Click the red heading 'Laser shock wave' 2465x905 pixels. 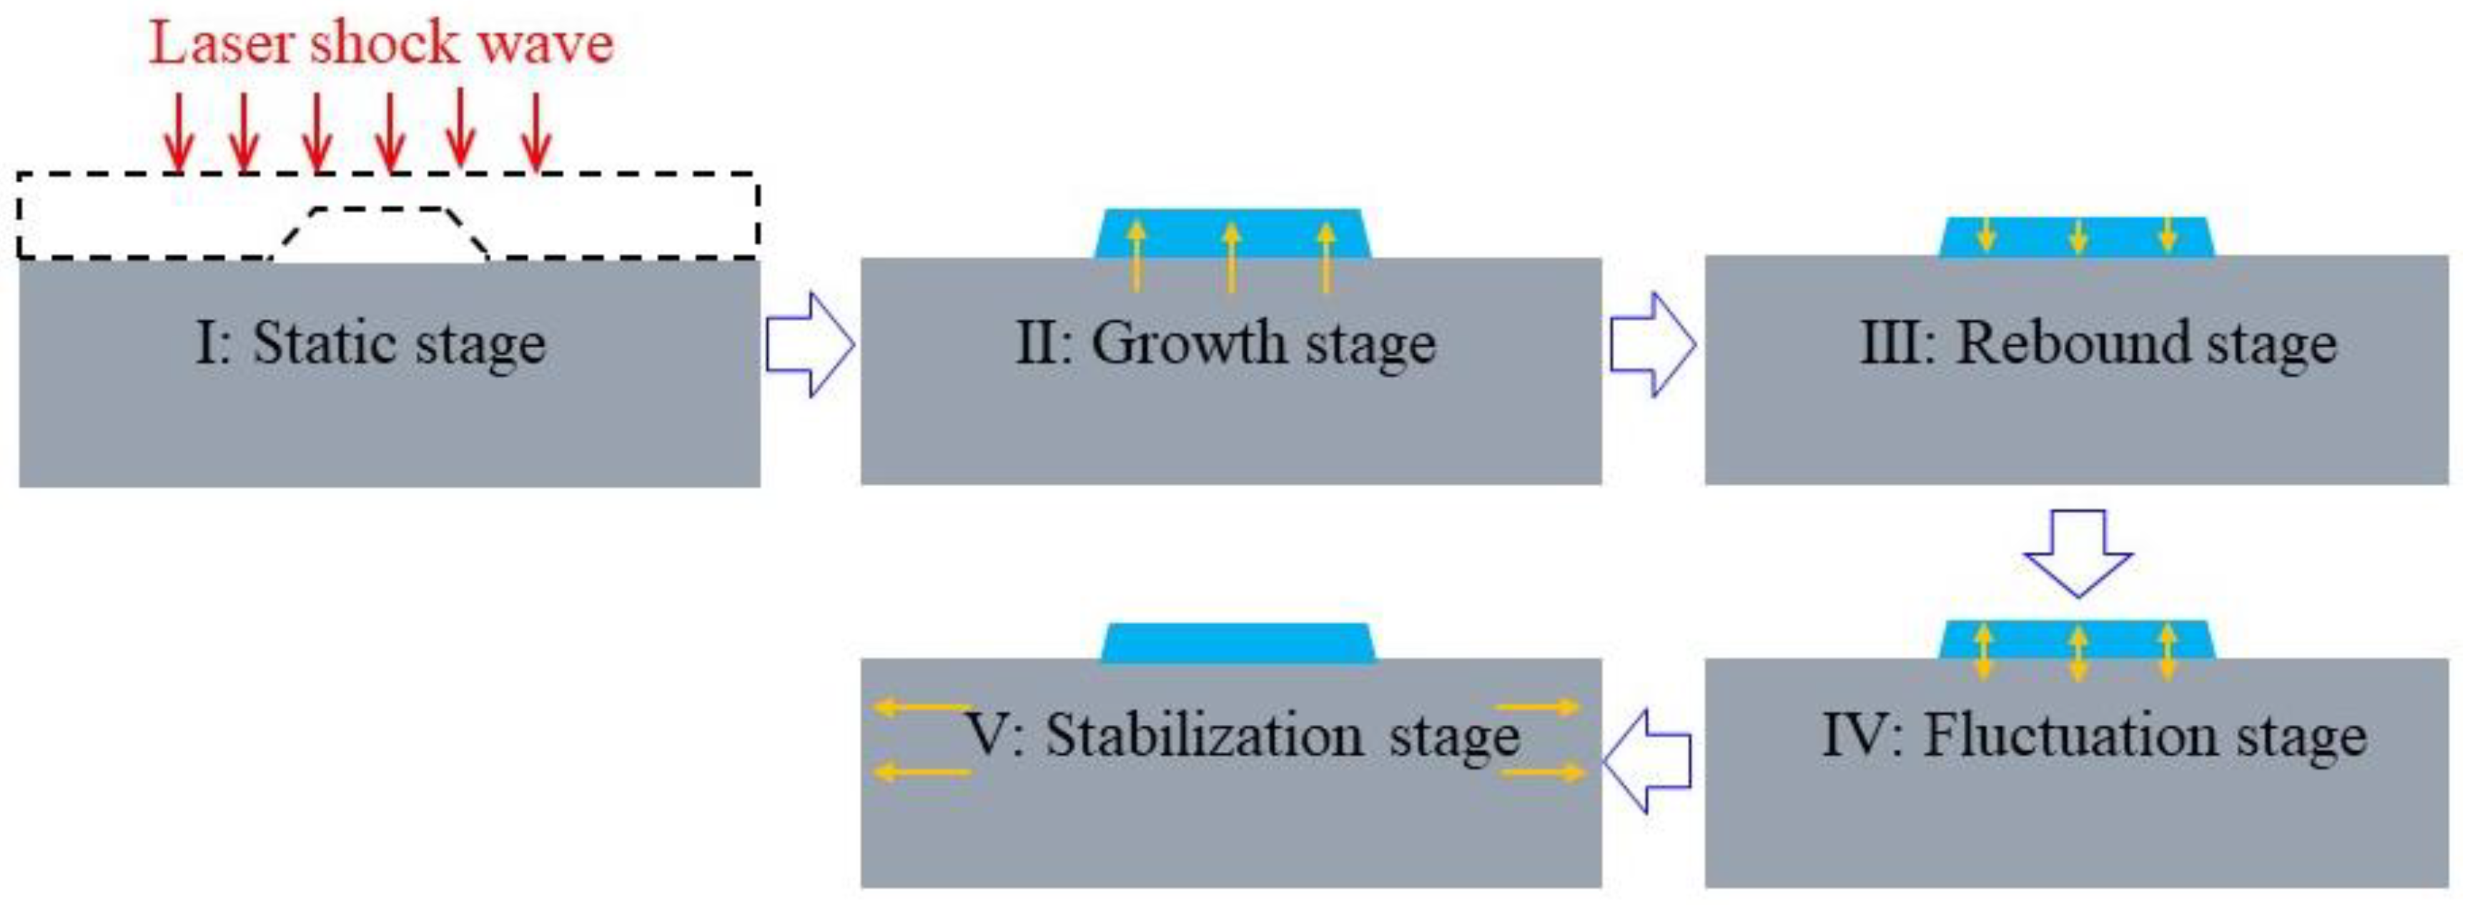pyautogui.click(x=381, y=44)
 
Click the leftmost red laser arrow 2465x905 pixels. pyautogui.click(x=178, y=134)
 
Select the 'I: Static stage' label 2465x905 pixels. pyautogui.click(x=371, y=345)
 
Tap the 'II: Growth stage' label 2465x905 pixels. pyautogui.click(x=1226, y=345)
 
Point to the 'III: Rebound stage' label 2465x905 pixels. pyautogui.click(x=2098, y=345)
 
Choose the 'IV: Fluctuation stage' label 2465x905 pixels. pyautogui.click(x=2094, y=736)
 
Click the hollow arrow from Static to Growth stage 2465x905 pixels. pyautogui.click(x=809, y=345)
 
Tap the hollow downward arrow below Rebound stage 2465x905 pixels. pyautogui.click(x=2078, y=553)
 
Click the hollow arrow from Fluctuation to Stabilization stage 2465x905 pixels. pyautogui.click(x=1648, y=761)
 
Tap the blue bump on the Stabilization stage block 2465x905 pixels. pyautogui.click(x=1238, y=643)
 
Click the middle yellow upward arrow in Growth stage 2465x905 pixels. pyautogui.click(x=1232, y=257)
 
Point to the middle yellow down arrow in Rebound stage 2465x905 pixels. pyautogui.click(x=2078, y=235)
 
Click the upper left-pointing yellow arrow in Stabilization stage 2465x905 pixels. pyautogui.click(x=921, y=708)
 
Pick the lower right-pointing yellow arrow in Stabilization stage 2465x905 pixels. pyautogui.click(x=1538, y=771)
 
